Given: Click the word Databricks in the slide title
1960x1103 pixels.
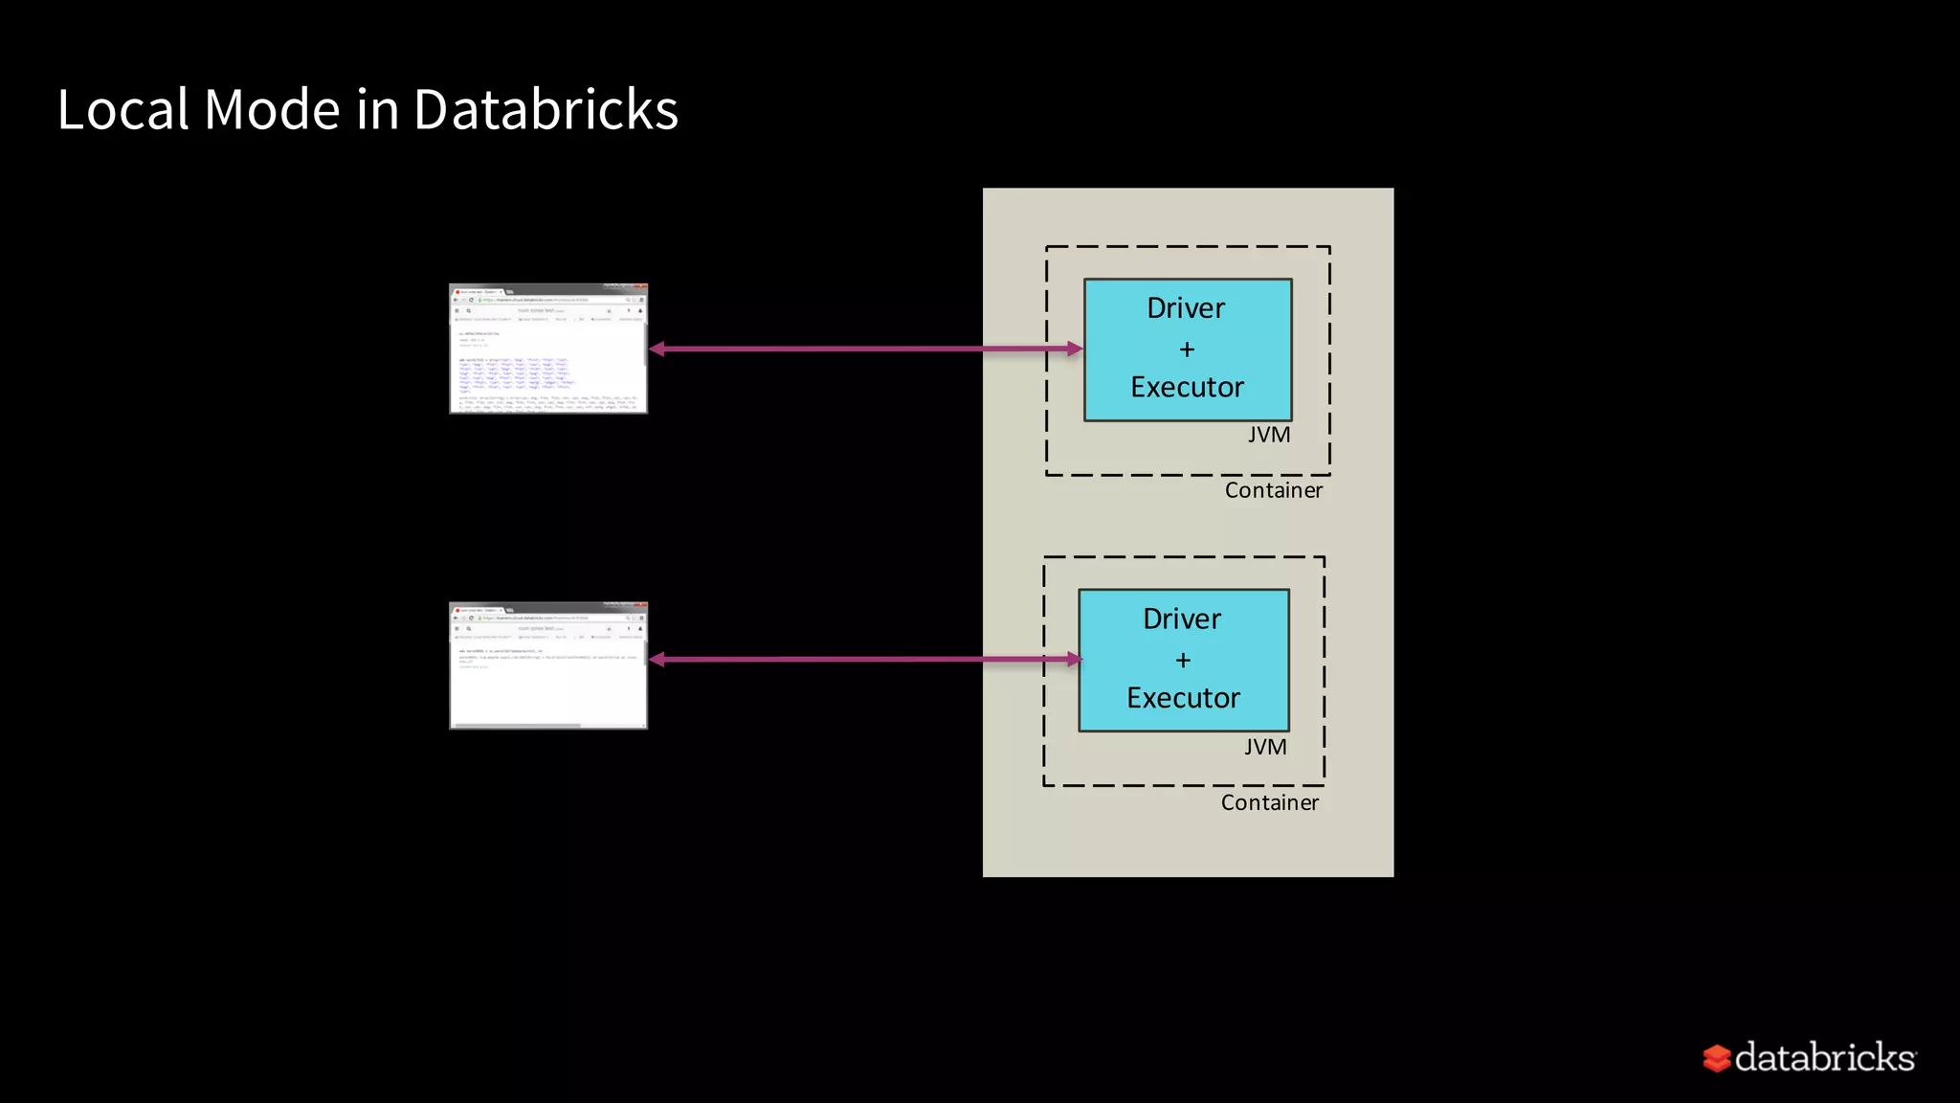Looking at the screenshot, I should tap(546, 109).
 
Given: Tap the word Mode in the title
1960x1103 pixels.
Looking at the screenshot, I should tap(272, 109).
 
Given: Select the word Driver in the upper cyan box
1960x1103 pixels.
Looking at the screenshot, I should tap(1186, 308).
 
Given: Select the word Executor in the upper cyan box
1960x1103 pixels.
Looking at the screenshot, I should tap(1187, 387).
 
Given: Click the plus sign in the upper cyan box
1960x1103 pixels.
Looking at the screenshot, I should tap(1187, 349).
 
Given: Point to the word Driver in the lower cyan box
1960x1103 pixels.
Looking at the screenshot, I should tap(1182, 619).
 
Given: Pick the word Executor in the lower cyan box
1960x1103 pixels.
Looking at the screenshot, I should tap(1183, 698).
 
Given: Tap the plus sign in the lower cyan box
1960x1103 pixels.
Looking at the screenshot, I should tap(1183, 661).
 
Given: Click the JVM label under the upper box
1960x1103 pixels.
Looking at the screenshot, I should tap(1269, 435).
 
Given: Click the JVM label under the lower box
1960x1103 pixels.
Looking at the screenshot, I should tap(1265, 747).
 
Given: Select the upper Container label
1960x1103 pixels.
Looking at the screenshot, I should tap(1273, 490).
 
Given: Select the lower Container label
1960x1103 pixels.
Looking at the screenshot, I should tap(1269, 802).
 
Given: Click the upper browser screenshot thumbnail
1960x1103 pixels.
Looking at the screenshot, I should tap(548, 349).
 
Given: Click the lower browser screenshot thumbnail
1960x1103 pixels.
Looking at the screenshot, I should tap(548, 665).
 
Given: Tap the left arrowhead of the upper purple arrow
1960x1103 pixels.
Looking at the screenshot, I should tap(657, 349).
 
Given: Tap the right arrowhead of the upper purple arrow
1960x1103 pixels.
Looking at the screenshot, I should tap(1075, 349).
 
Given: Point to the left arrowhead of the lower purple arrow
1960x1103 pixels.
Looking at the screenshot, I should tap(657, 659).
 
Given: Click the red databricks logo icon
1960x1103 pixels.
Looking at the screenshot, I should tap(1716, 1058).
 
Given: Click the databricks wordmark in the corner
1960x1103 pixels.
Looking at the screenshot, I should tap(1824, 1057).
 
